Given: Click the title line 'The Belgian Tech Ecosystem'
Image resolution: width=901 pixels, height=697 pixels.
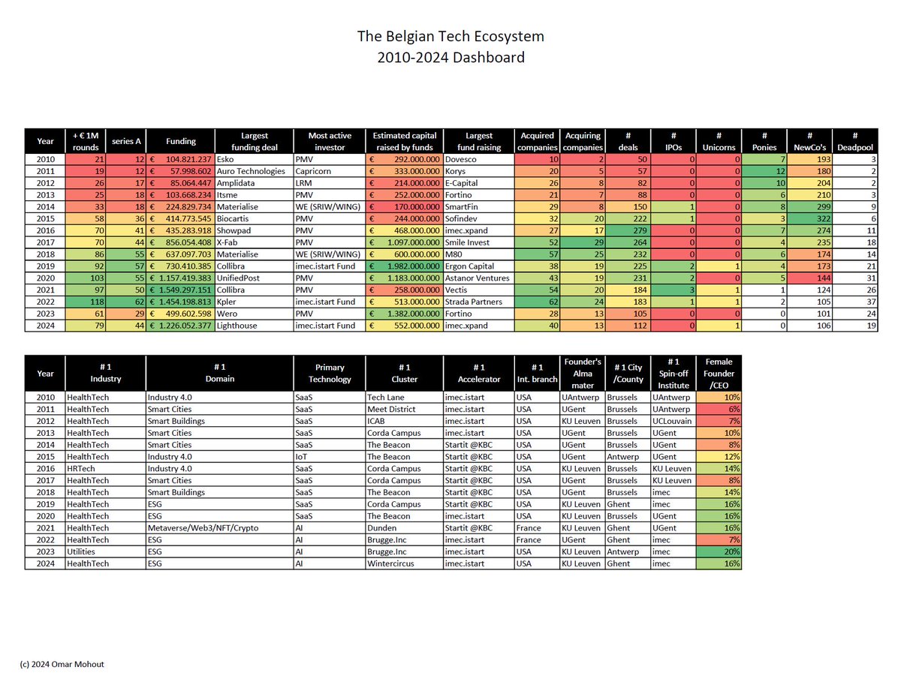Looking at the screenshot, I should point(450,37).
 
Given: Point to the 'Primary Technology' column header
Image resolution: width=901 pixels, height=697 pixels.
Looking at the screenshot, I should point(330,373).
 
